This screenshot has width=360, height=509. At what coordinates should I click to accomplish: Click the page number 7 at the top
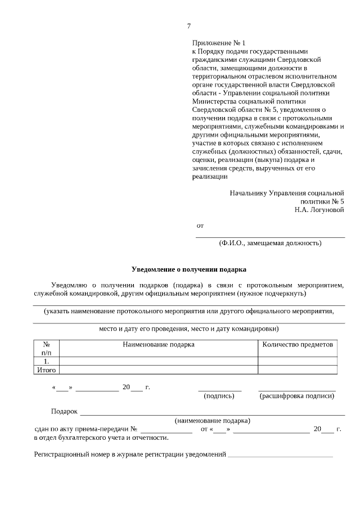(189, 26)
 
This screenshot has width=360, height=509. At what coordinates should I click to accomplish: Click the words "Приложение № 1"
(219, 43)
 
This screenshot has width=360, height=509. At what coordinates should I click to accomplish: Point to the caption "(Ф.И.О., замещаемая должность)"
(270, 244)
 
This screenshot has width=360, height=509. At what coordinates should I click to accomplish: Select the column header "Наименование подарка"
(159, 344)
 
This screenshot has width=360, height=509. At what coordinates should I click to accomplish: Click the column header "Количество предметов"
(298, 344)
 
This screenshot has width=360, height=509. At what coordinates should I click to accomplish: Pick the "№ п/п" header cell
(47, 348)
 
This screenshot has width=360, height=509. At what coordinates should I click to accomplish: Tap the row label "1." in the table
(47, 361)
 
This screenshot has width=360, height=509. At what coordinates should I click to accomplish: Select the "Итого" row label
(47, 370)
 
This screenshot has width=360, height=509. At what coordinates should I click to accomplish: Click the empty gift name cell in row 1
(159, 361)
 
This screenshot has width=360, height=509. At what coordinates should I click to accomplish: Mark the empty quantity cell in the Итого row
(298, 370)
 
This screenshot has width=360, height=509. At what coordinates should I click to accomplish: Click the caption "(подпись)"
(219, 396)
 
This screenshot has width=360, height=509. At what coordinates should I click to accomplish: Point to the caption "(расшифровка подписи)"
(297, 396)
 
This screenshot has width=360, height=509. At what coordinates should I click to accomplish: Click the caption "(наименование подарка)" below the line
(213, 420)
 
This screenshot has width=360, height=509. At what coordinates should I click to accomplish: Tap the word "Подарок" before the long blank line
(64, 412)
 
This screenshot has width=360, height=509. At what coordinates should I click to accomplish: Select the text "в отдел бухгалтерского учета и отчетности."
(101, 438)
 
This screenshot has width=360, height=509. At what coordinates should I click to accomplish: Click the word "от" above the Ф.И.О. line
(200, 226)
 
